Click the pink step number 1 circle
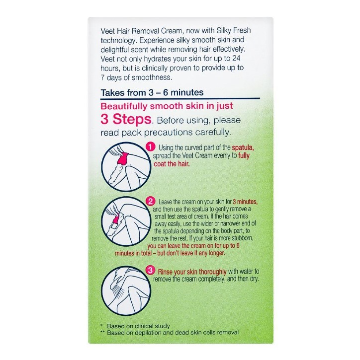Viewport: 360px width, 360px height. click(x=150, y=147)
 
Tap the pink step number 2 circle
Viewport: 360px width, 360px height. click(x=150, y=202)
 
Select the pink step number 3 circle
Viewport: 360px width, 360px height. click(x=150, y=270)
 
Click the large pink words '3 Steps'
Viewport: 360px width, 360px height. click(x=126, y=119)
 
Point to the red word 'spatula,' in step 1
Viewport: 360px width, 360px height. click(x=243, y=148)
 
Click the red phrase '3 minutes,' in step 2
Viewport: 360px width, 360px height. click(x=245, y=202)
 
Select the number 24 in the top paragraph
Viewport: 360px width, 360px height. click(x=236, y=58)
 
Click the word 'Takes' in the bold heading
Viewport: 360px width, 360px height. click(x=112, y=92)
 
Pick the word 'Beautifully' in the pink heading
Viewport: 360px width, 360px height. click(x=124, y=107)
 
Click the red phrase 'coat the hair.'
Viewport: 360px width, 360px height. click(x=172, y=164)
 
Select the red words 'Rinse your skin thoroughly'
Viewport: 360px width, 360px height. click(x=192, y=272)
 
